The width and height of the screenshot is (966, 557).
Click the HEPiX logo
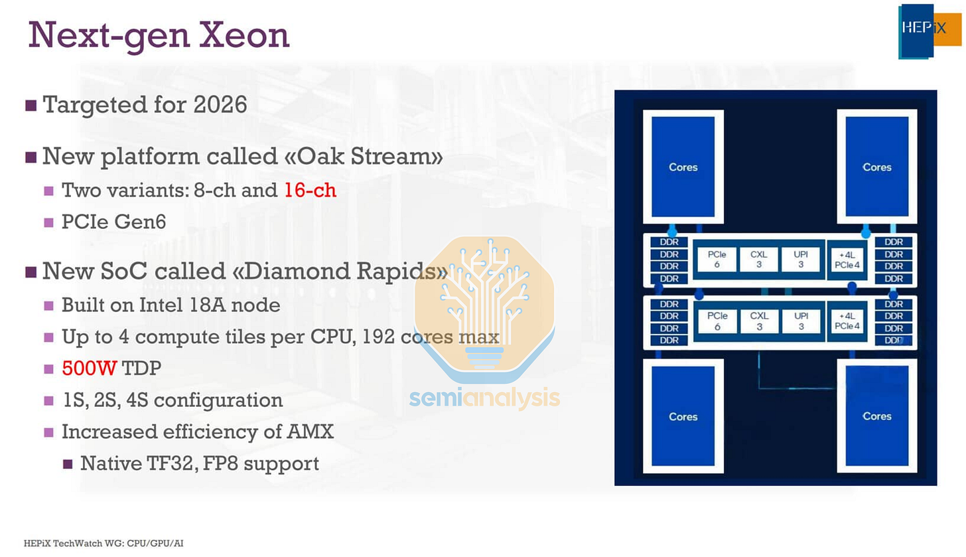[x=929, y=31]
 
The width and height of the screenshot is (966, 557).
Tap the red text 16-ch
[x=310, y=191]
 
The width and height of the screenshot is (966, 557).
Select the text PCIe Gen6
[x=113, y=222]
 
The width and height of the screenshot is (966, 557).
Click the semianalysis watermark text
[x=484, y=398]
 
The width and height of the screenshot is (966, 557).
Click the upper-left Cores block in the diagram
[x=683, y=167]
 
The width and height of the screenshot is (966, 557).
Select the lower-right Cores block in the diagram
[x=876, y=416]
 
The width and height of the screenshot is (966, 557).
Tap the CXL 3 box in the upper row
[x=759, y=258]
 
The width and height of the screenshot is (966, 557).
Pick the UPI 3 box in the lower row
[x=801, y=321]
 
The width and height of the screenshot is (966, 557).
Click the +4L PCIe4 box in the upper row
[x=847, y=260]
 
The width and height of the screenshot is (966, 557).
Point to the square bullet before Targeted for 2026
[x=31, y=106]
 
